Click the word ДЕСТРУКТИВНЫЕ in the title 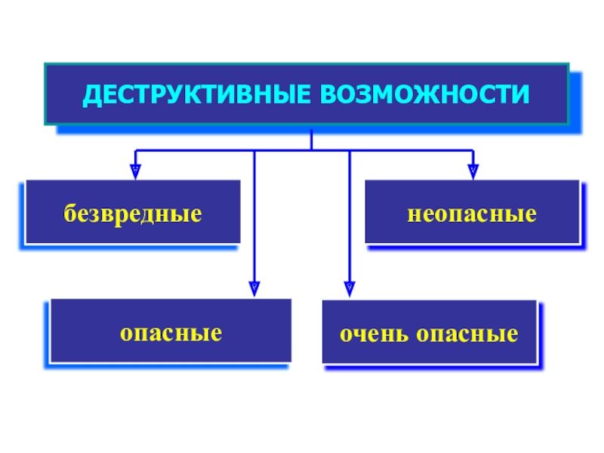click(x=196, y=94)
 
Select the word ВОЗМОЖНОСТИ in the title click(x=425, y=94)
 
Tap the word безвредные click(x=133, y=214)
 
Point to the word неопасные click(x=472, y=214)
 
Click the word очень click(x=374, y=334)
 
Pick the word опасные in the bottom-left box click(x=171, y=333)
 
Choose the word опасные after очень click(x=467, y=334)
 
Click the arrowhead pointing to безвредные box click(x=135, y=172)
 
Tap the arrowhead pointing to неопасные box click(x=473, y=172)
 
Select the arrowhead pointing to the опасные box click(x=254, y=289)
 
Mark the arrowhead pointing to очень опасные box click(x=350, y=289)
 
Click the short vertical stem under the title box click(x=311, y=140)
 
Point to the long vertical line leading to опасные click(x=254, y=216)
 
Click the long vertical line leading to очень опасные click(x=350, y=216)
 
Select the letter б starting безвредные click(x=69, y=213)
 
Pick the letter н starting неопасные click(x=414, y=215)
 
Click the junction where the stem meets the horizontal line click(x=311, y=150)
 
